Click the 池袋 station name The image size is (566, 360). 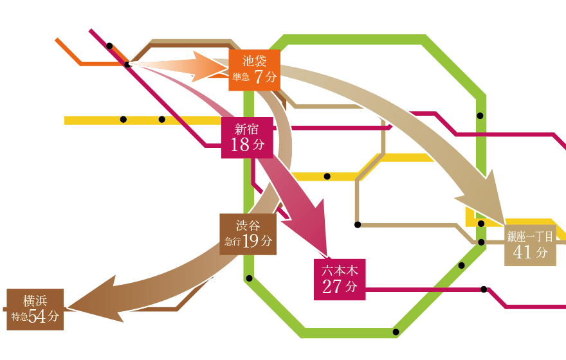255,62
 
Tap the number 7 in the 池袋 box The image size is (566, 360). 259,78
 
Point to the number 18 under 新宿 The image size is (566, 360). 239,145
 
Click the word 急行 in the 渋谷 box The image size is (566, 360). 233,242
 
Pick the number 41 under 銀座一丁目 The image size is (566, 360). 522,253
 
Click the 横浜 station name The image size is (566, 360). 35,300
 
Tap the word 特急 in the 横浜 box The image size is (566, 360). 19,317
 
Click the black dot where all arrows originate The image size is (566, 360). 128,64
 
